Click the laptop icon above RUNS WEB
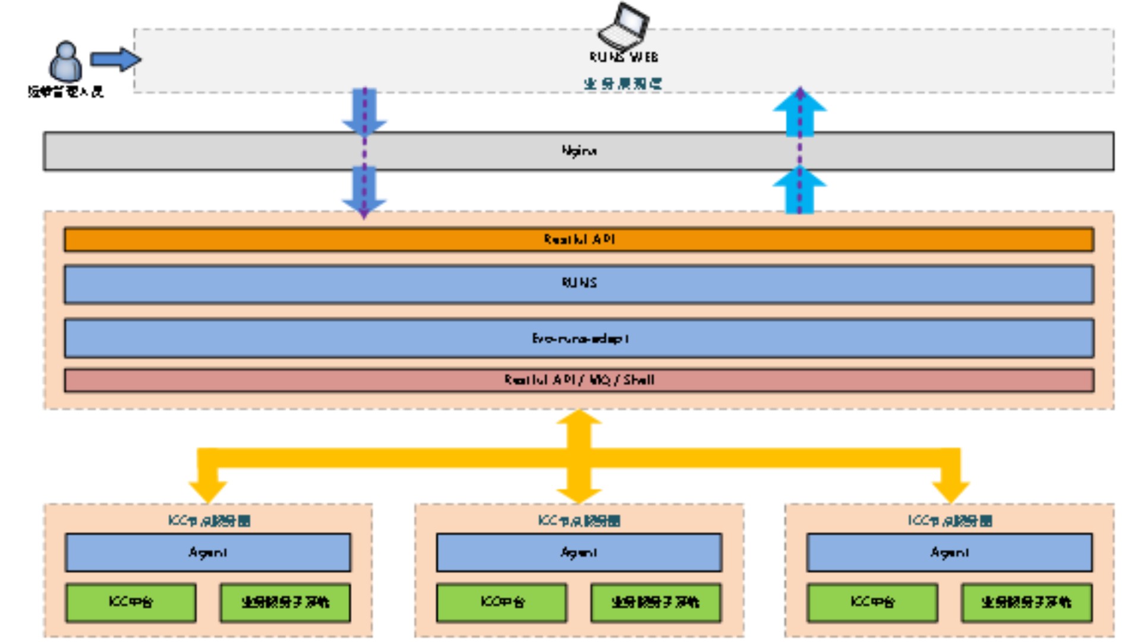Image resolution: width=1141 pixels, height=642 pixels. (623, 26)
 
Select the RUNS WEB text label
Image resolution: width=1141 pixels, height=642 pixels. (623, 57)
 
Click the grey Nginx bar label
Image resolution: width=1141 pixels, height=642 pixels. (579, 151)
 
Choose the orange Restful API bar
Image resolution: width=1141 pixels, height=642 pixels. (579, 240)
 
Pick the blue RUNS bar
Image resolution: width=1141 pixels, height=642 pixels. (579, 284)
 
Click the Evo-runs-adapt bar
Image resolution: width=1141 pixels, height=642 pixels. (579, 338)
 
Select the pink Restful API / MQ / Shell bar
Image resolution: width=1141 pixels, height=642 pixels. (579, 380)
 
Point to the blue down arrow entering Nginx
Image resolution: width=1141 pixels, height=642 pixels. (364, 113)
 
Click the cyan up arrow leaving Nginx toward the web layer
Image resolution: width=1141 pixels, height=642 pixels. (799, 113)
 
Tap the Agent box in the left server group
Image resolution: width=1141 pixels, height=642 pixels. (208, 552)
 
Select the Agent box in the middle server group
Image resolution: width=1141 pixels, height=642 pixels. (579, 552)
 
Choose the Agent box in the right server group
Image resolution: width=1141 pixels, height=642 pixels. (949, 552)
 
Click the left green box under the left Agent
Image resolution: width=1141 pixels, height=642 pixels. (131, 602)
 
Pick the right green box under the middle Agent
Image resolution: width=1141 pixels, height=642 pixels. (655, 602)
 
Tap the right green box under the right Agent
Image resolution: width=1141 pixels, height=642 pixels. (1026, 602)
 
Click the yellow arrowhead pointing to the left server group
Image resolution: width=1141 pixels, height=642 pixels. (207, 490)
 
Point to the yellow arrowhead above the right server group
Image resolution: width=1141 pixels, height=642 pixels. (951, 490)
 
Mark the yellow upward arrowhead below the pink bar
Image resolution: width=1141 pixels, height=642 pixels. (579, 418)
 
